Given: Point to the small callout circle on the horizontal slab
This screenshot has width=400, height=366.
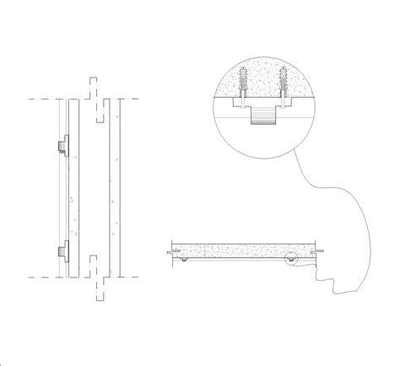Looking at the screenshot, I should (291, 259).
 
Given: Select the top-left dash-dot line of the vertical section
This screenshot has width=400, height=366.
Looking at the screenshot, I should (42, 100).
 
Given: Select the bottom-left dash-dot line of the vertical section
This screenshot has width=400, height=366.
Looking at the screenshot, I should (42, 276).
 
